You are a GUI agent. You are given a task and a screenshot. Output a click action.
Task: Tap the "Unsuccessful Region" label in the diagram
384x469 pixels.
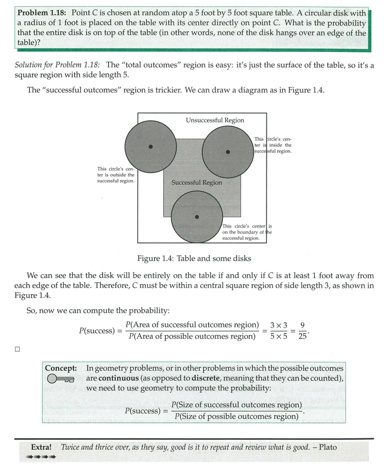(215, 120)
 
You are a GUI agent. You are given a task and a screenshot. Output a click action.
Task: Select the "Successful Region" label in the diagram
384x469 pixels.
(196, 183)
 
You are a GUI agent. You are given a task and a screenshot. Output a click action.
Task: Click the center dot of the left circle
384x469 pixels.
(151, 147)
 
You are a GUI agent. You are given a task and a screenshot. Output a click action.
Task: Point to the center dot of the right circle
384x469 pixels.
(228, 152)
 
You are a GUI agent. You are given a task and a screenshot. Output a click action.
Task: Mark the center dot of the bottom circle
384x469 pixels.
(196, 217)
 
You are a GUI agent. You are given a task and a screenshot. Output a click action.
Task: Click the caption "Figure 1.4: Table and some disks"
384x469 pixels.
(194, 258)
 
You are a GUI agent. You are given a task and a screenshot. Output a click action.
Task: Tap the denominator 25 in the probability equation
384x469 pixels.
(303, 336)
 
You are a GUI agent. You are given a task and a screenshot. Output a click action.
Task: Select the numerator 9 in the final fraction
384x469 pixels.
(302, 325)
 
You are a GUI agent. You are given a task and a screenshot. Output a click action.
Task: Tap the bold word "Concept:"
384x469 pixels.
(61, 368)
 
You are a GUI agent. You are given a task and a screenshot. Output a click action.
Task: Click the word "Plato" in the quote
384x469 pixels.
(328, 447)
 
